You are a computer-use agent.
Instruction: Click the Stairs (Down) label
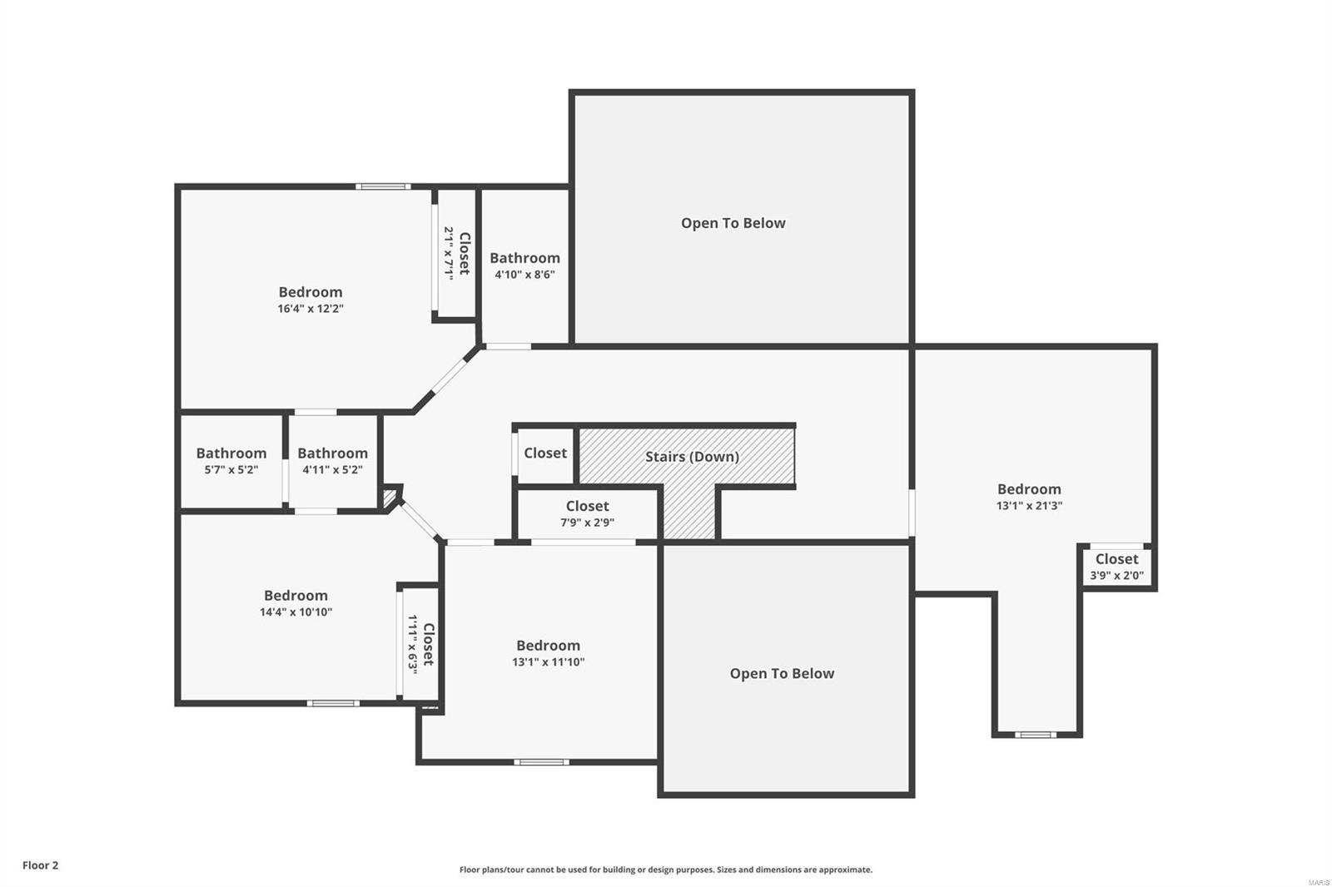[x=692, y=457]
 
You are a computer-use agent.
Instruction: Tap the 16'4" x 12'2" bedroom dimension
[x=311, y=309]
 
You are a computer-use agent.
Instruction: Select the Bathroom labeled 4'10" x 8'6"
[x=524, y=265]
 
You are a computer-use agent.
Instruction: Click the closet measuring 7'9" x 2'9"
[x=587, y=514]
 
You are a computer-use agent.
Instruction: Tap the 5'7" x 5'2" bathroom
[x=231, y=461]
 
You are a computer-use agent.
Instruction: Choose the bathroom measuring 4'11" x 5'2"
[x=332, y=461]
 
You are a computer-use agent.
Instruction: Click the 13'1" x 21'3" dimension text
[x=1029, y=505]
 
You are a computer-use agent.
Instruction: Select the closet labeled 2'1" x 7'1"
[x=456, y=253]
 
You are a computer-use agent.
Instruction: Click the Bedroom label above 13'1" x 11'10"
[x=548, y=646]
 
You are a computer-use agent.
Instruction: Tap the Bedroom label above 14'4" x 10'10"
[x=296, y=596]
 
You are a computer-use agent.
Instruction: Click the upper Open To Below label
[x=733, y=223]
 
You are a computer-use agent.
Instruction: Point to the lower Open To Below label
[x=782, y=674]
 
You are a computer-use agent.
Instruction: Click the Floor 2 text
[x=40, y=865]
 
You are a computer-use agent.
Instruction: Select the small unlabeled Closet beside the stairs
[x=545, y=453]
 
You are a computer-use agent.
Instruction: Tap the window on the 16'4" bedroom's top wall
[x=383, y=186]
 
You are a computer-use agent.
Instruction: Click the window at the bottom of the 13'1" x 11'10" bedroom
[x=541, y=761]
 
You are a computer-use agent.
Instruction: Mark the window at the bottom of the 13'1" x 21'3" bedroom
[x=1036, y=735]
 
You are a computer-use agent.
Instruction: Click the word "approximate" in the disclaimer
[x=845, y=870]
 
